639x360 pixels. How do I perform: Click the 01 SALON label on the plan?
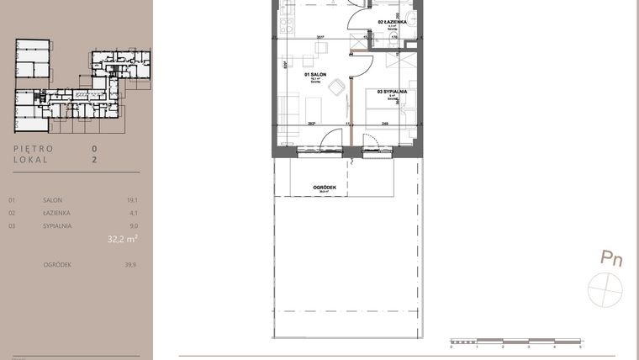pyautogui.click(x=315, y=75)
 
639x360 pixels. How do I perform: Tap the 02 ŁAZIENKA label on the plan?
pyautogui.click(x=393, y=21)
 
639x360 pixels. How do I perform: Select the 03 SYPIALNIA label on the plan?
pyautogui.click(x=393, y=91)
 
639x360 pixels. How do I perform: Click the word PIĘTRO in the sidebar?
pyautogui.click(x=34, y=148)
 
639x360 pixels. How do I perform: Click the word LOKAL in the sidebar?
pyautogui.click(x=31, y=158)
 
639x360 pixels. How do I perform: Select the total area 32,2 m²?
pyautogui.click(x=122, y=239)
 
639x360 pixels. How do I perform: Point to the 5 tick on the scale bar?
pyautogui.click(x=580, y=346)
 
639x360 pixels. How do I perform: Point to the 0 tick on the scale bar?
pyautogui.click(x=452, y=346)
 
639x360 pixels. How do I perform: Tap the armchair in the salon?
pyautogui.click(x=336, y=87)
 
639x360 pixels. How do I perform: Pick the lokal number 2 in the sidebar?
pyautogui.click(x=95, y=158)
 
